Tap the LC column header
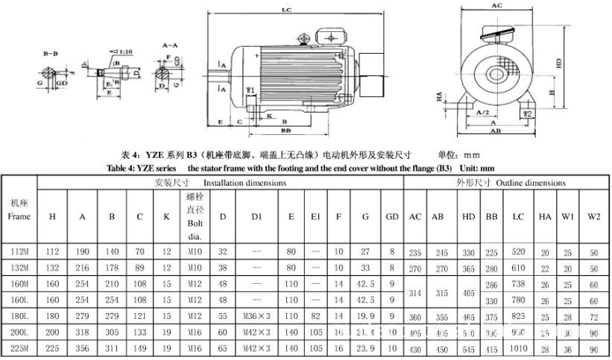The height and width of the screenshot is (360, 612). [x=517, y=216]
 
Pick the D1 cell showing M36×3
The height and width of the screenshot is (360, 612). [x=256, y=315]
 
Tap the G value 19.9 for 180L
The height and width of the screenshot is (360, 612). [x=365, y=315]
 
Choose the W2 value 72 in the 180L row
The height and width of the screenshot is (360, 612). [x=593, y=315]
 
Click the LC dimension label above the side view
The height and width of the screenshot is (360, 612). [x=286, y=10]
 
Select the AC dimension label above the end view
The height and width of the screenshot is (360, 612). [x=496, y=5]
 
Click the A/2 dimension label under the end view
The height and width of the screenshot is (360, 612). [x=483, y=112]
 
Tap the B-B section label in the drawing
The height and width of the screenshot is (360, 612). [x=51, y=54]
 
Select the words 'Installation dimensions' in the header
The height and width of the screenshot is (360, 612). [x=245, y=183]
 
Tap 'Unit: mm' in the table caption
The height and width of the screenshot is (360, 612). [x=473, y=168]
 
